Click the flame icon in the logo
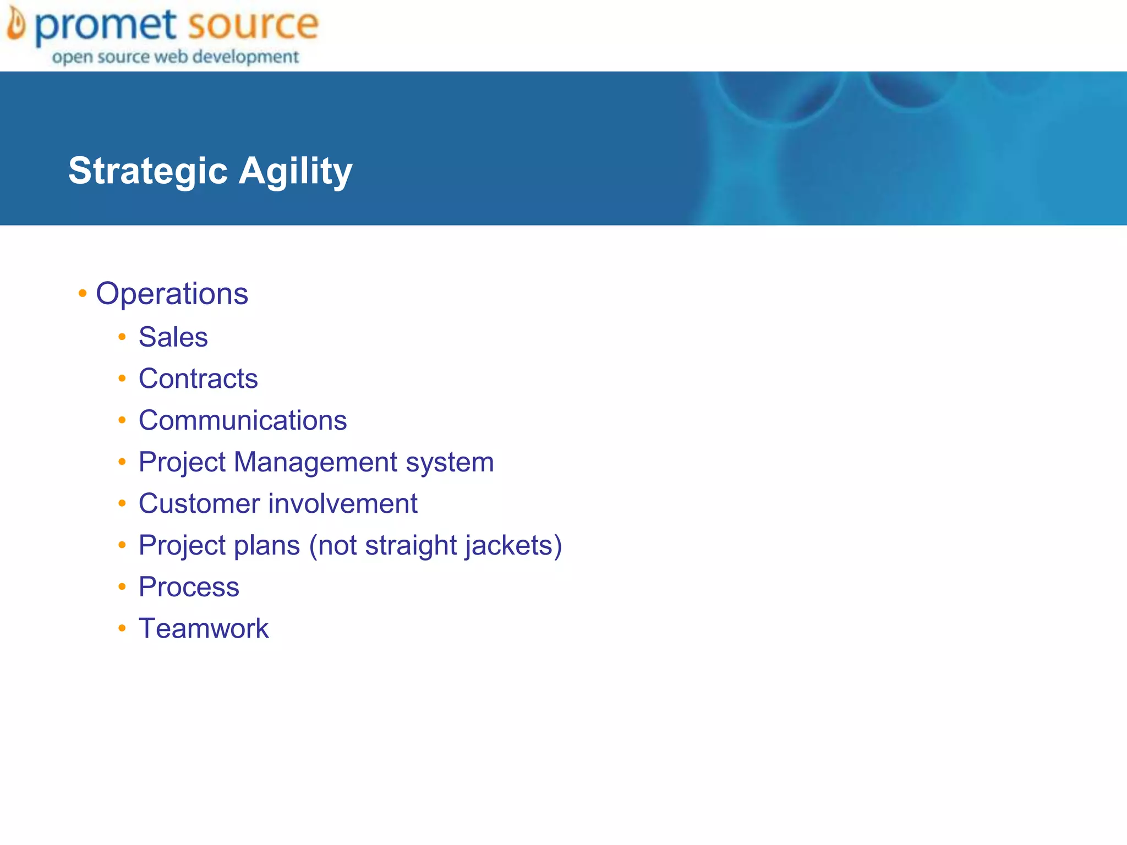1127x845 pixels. coord(16,25)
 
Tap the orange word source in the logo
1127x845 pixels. coord(253,25)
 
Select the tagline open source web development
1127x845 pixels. coord(176,57)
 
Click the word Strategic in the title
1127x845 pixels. coord(148,171)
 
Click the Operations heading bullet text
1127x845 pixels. coord(172,294)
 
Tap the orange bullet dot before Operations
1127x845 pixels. coord(83,293)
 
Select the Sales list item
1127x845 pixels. coord(173,337)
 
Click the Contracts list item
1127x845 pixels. coord(198,378)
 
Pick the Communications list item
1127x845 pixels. coord(243,420)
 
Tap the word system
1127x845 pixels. coord(450,463)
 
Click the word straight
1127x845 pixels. coord(411,546)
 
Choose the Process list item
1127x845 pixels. coord(189,587)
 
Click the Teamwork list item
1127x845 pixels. coord(204,628)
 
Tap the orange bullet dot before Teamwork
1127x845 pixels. coord(122,628)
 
